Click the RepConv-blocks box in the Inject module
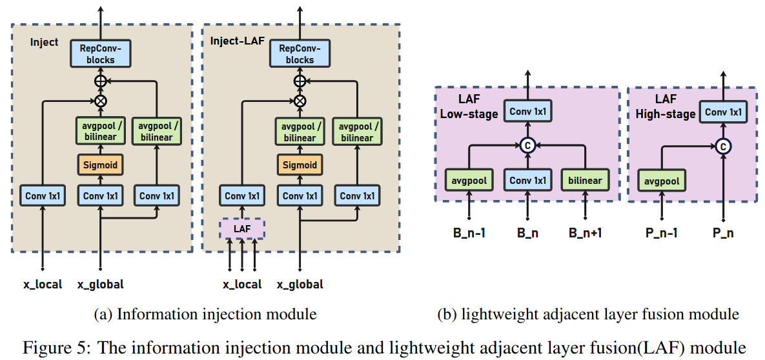coord(100,54)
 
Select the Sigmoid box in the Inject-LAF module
coord(300,165)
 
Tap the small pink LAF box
coord(242,229)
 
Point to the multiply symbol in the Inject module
coord(101,101)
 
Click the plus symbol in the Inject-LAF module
coord(300,81)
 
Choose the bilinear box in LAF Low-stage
coord(585,181)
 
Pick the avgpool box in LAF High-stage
coord(662,181)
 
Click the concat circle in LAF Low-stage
coord(527,145)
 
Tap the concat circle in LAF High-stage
coord(723,145)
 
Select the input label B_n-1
coord(469,233)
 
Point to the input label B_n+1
coord(585,233)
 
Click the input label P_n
coord(723,233)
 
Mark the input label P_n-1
coord(662,233)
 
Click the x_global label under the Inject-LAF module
coord(300,285)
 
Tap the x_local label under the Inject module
coord(43,285)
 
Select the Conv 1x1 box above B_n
coord(527,181)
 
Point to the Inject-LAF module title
coord(237,41)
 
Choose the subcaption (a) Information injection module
coord(205,315)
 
